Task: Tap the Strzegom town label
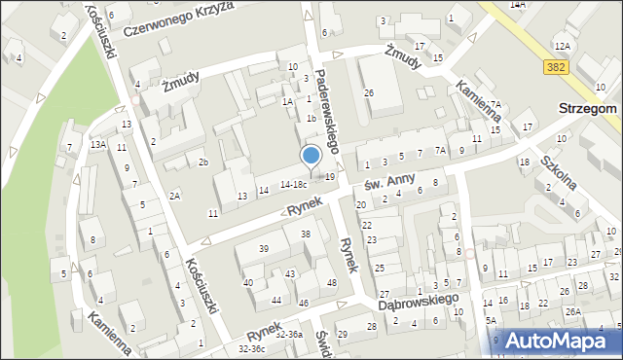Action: click(x=587, y=109)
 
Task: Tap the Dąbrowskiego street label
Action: click(x=418, y=304)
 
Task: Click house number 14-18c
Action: click(x=294, y=183)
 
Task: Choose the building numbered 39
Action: click(x=263, y=249)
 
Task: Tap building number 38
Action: click(x=305, y=234)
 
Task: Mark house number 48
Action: click(x=331, y=283)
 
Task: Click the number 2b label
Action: click(x=203, y=162)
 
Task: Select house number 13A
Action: click(x=97, y=144)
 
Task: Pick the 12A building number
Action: click(x=562, y=46)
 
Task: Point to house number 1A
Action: click(x=287, y=101)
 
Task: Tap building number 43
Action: click(x=290, y=274)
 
